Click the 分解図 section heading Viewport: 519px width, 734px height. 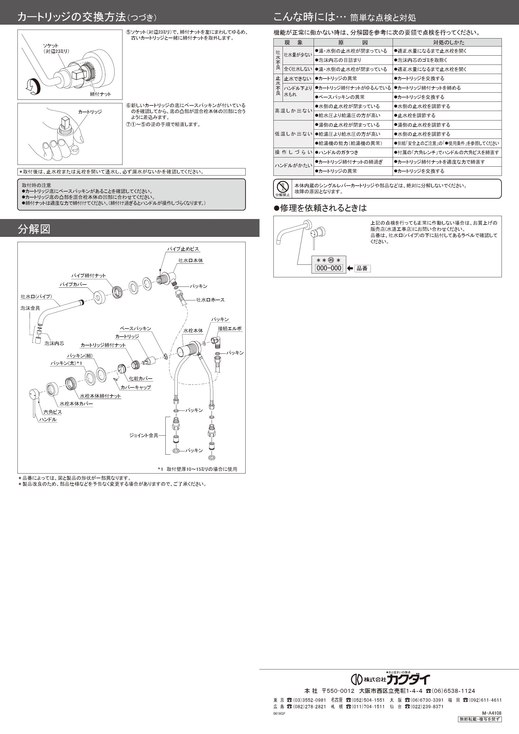click(34, 229)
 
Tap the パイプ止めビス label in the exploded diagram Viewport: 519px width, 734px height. click(183, 249)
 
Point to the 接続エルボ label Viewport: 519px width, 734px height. click(230, 328)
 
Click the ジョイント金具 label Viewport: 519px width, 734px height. click(144, 435)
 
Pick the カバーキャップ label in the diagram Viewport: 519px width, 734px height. click(136, 387)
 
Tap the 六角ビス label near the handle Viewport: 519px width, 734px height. click(53, 412)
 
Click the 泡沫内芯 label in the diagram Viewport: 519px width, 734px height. click(54, 343)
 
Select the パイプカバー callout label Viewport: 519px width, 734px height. click(73, 284)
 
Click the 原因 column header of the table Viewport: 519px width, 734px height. click(353, 42)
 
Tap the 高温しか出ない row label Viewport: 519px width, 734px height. click(293, 111)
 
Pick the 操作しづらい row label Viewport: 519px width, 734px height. click(293, 152)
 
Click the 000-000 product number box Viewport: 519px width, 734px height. click(329, 268)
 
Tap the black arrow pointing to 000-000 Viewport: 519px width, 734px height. click(350, 268)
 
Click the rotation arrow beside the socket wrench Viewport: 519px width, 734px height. click(33, 86)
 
